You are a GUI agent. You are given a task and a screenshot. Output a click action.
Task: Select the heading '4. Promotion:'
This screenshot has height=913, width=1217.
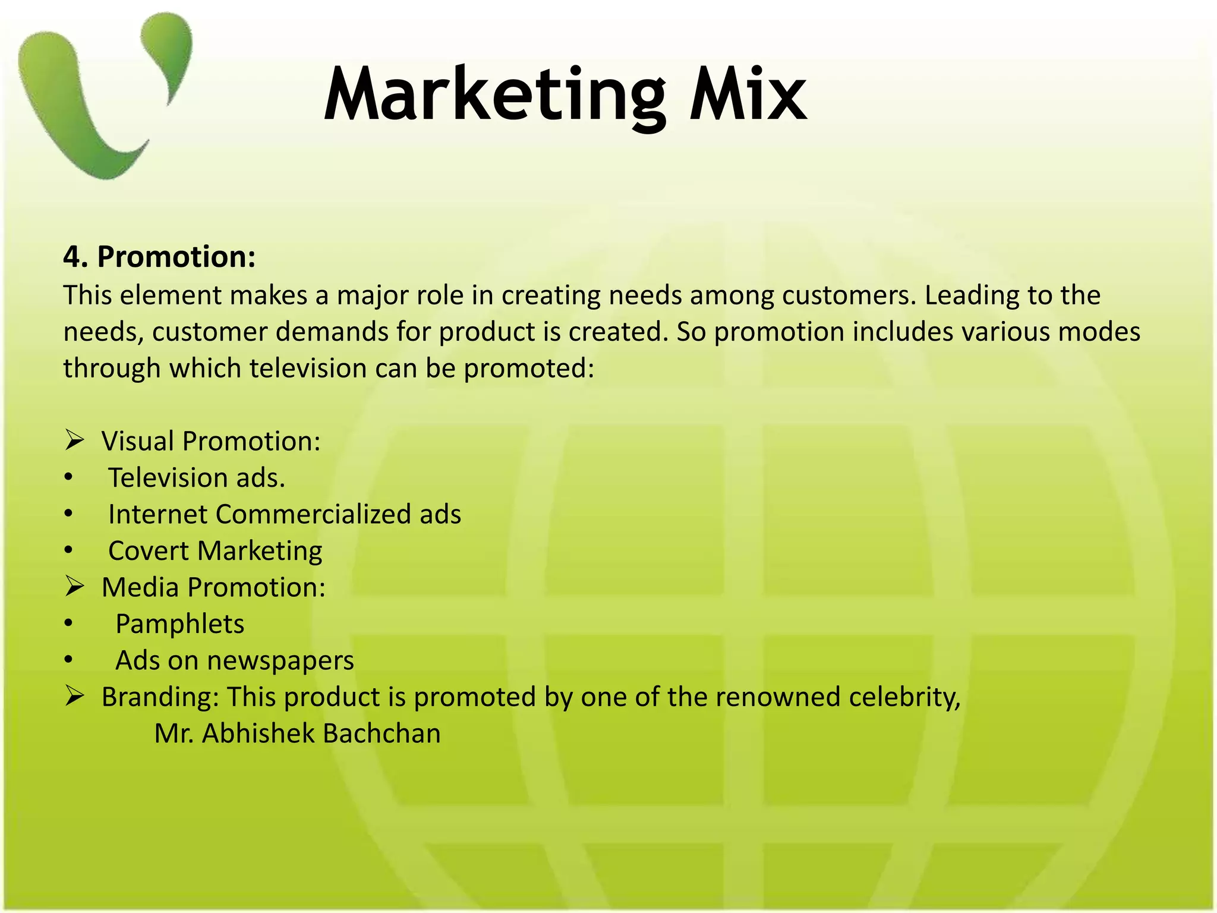(159, 257)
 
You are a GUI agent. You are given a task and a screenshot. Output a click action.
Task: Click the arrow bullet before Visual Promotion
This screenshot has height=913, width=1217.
(75, 441)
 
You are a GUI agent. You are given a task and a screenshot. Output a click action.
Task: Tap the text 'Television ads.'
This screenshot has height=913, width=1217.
(196, 478)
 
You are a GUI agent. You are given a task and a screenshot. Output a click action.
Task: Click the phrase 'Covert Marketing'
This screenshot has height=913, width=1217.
(215, 551)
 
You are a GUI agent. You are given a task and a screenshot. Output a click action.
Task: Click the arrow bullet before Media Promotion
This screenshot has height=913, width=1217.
(75, 587)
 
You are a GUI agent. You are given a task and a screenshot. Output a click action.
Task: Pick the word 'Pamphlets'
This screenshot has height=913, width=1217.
(179, 624)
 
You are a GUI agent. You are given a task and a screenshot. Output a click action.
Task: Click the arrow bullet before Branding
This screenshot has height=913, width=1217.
(75, 697)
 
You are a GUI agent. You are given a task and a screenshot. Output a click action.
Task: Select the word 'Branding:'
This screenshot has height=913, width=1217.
(160, 697)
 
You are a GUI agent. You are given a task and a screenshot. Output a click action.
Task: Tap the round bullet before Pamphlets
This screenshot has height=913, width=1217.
(69, 624)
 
